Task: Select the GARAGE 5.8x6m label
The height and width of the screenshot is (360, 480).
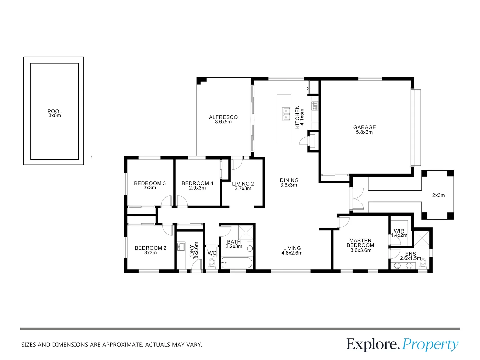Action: click(364, 130)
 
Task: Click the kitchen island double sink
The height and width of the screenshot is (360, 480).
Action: click(286, 113)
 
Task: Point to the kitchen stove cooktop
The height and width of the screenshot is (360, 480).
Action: click(315, 106)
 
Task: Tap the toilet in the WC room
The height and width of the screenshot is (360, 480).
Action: click(212, 263)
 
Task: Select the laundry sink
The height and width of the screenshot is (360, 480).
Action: click(181, 247)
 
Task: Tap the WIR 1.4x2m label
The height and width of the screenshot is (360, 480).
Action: click(399, 233)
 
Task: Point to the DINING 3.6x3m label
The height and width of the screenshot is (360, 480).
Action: click(289, 182)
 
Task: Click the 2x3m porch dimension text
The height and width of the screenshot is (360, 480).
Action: click(438, 195)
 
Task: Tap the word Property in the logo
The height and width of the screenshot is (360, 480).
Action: click(430, 344)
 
